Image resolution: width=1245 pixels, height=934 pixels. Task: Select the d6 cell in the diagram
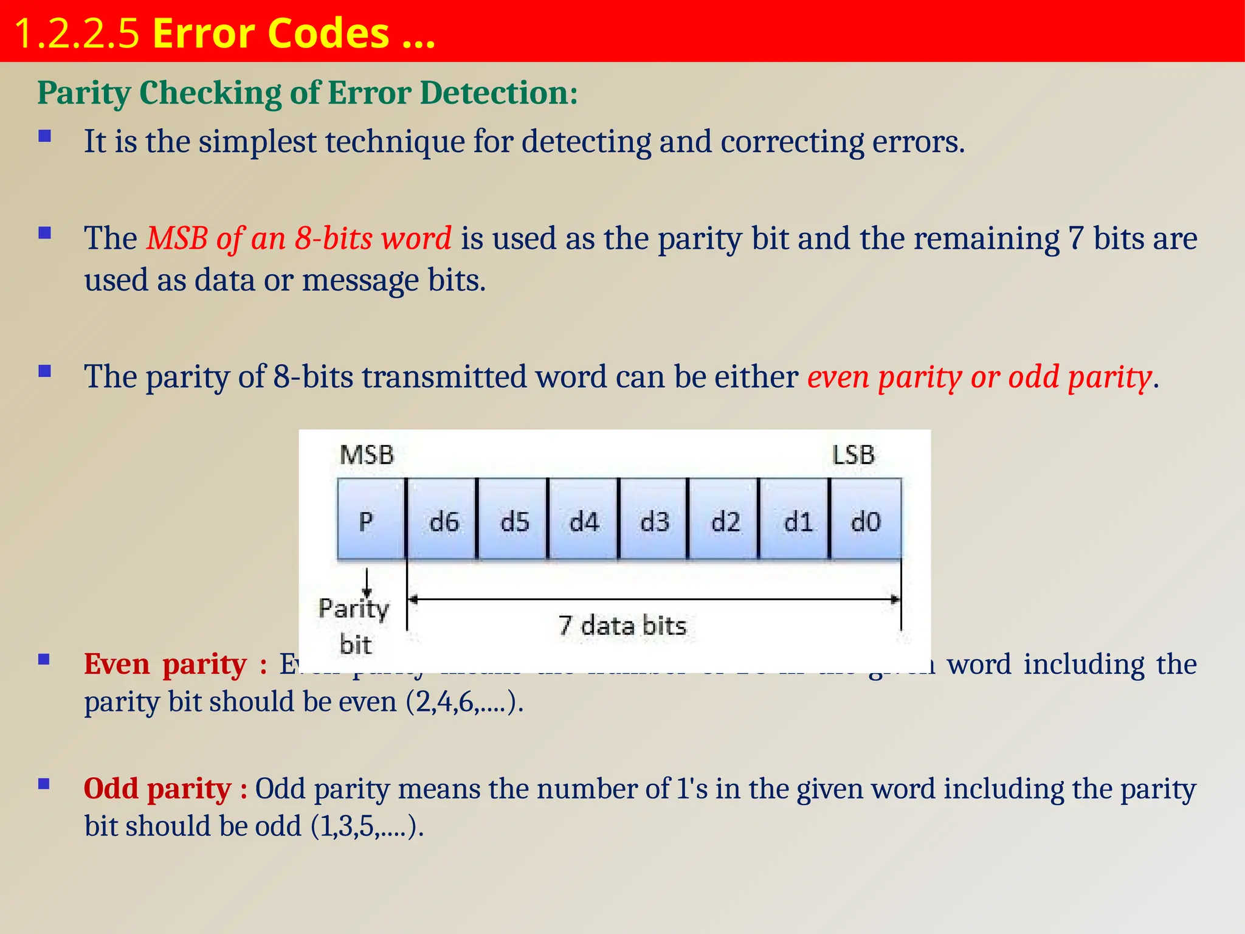(443, 521)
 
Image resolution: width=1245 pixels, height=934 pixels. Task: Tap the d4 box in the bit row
(584, 521)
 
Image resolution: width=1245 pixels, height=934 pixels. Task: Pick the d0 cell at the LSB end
(865, 521)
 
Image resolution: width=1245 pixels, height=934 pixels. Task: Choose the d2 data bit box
(725, 521)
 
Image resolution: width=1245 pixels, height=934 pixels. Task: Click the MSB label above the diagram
(367, 455)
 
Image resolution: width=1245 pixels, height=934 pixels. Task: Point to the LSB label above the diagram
(853, 455)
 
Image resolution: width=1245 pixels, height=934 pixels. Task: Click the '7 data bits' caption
(622, 626)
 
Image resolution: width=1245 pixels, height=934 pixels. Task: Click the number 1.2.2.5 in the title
(77, 33)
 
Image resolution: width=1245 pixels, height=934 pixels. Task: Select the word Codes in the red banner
(328, 33)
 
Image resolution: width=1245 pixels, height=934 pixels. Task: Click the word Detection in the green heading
(498, 93)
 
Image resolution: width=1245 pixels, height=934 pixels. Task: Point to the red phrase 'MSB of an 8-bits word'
(298, 238)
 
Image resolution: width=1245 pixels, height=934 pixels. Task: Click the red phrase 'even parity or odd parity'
(979, 377)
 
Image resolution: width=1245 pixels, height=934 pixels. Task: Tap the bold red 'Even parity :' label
(176, 664)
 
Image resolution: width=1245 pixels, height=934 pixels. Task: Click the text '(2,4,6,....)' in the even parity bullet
(465, 702)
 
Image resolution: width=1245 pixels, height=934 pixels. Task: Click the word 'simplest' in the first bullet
(257, 142)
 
